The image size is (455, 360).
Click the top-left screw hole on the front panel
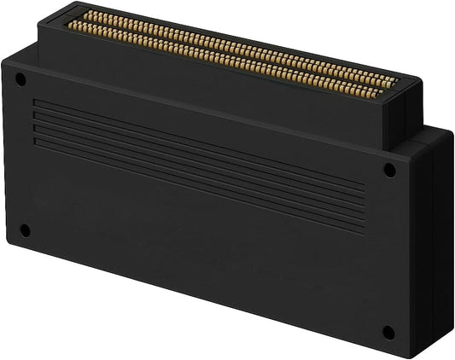tap(20, 79)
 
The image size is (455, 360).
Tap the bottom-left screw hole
tap(25, 230)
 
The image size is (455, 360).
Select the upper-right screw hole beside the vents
tap(389, 170)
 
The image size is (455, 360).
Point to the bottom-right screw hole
tap(388, 332)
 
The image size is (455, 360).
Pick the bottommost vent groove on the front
tap(196, 184)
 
